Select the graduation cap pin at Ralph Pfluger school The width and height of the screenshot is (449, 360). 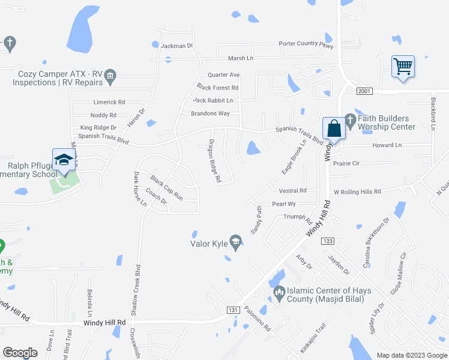click(63, 160)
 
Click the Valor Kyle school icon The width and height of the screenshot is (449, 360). click(236, 243)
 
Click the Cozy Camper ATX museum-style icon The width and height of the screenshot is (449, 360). click(110, 76)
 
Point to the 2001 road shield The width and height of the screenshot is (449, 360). click(364, 91)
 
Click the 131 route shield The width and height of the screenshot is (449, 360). click(234, 310)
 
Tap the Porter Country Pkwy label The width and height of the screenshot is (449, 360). click(306, 44)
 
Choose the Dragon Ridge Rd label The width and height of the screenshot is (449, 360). click(215, 161)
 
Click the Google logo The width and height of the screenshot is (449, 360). click(20, 353)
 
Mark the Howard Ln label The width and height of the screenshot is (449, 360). click(387, 145)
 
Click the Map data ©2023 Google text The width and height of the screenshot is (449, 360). click(411, 355)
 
